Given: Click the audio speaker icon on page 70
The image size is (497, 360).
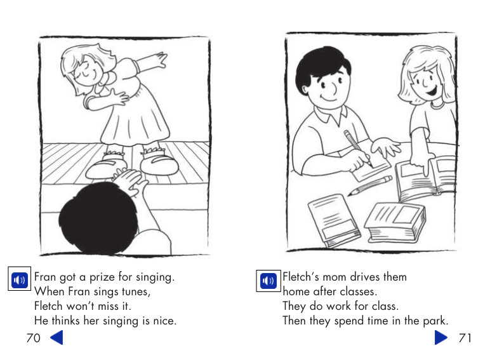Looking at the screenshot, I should coord(20,279).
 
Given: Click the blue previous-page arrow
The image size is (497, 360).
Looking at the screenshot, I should coord(56,337).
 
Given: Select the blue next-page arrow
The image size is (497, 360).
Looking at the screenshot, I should coord(441,337).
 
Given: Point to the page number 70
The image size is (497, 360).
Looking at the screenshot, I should coord(33,338).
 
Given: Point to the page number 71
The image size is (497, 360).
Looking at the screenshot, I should coord(465,338).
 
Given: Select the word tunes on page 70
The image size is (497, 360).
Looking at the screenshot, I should coord(134,292).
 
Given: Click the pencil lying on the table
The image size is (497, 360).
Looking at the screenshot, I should coord(370,185).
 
